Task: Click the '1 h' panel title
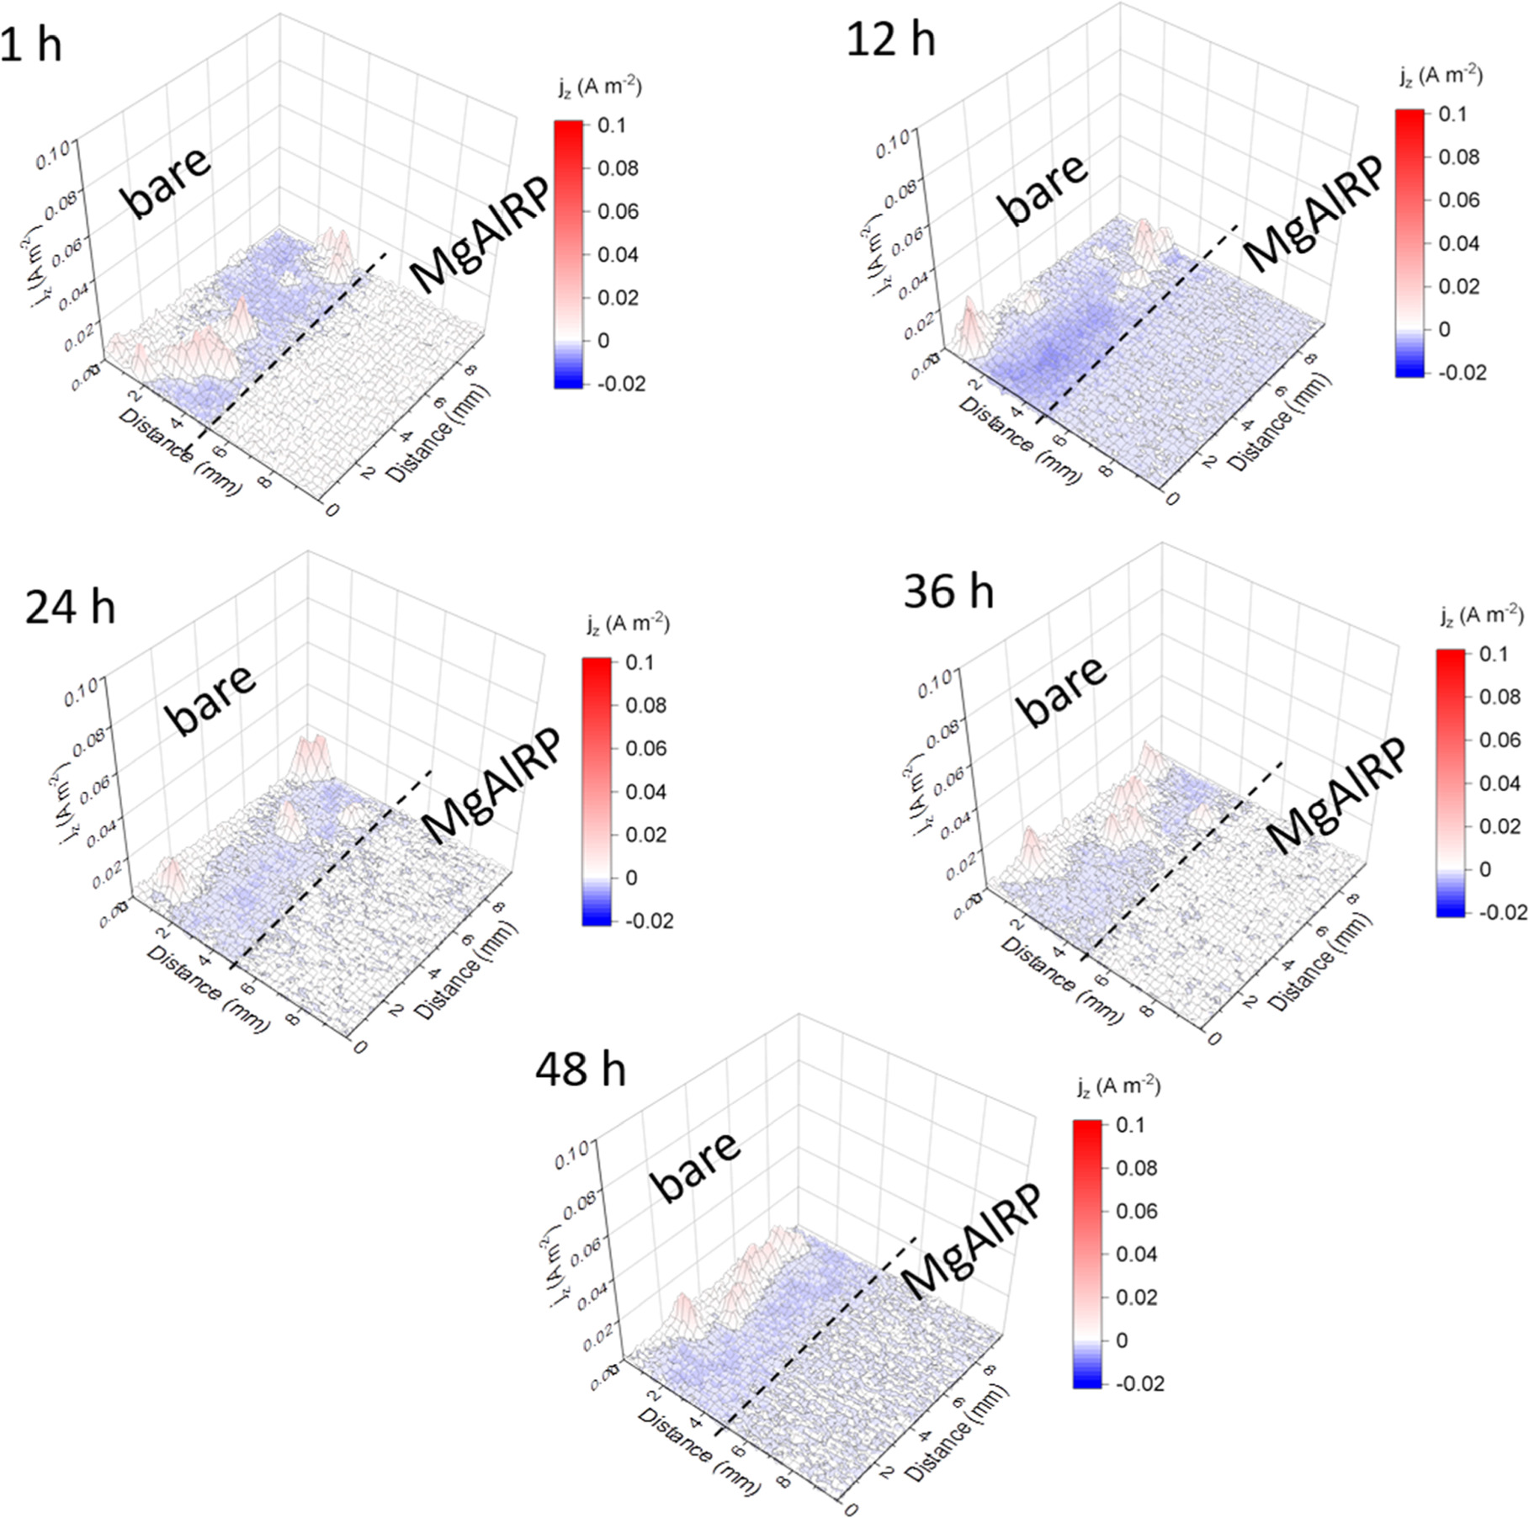click(x=31, y=42)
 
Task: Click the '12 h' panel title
click(x=889, y=39)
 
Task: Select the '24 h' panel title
click(x=70, y=606)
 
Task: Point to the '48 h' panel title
click(x=580, y=1070)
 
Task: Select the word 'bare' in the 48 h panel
click(x=698, y=1166)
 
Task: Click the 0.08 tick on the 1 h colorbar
click(x=618, y=168)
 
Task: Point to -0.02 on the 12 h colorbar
click(x=1463, y=372)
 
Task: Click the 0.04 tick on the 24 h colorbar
click(x=645, y=792)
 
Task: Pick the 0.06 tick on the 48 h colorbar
click(x=1136, y=1211)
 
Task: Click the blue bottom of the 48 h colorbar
click(x=1086, y=1377)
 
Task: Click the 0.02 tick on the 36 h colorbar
click(x=1500, y=825)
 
